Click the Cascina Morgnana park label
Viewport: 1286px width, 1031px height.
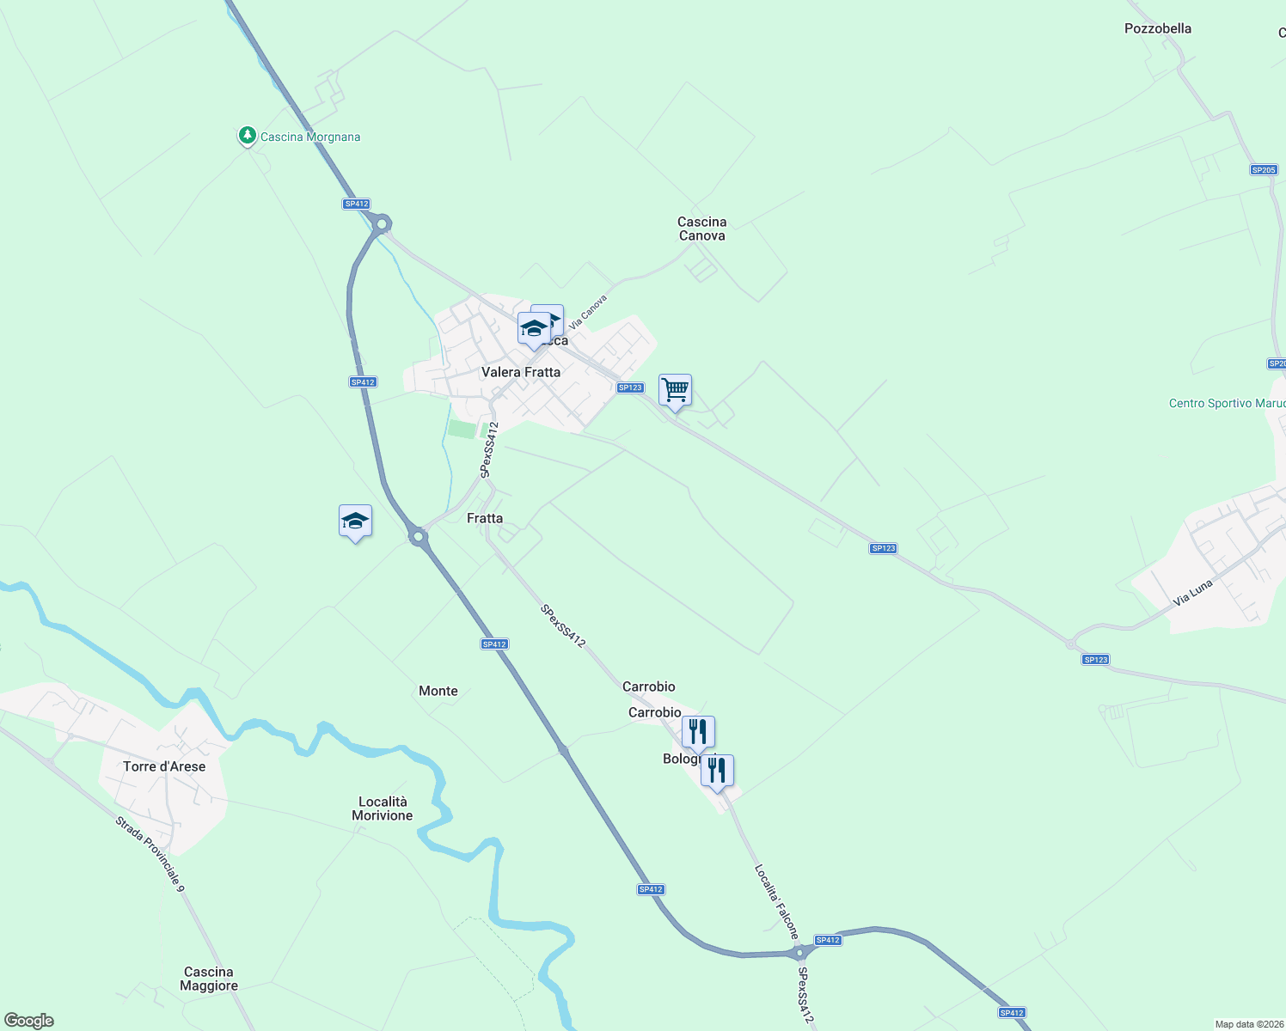[x=310, y=137]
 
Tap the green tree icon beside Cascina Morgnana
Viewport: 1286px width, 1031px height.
[x=248, y=135]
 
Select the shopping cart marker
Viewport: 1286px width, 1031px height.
[x=675, y=390]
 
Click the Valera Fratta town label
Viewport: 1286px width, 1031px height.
[x=521, y=372]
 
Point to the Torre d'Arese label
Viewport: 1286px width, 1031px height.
[x=164, y=766]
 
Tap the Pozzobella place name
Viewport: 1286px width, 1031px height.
[x=1158, y=28]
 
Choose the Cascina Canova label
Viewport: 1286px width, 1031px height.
[x=701, y=229]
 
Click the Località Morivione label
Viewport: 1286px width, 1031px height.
[x=383, y=808]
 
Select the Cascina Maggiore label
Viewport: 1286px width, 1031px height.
[x=209, y=979]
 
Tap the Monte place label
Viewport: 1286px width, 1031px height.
[x=438, y=691]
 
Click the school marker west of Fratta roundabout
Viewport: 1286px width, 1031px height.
[x=355, y=521]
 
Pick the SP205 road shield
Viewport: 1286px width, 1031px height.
[x=1264, y=170]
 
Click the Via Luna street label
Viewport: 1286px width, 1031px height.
[x=1193, y=593]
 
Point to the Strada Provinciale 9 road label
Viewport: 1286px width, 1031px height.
[x=150, y=852]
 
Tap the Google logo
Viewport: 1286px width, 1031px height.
[x=29, y=1021]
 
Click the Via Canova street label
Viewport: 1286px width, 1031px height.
[x=588, y=312]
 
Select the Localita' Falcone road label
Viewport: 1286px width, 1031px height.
[x=776, y=901]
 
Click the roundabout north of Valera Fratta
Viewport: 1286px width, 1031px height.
[x=382, y=224]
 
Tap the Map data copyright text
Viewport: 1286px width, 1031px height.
[x=1249, y=1024]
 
